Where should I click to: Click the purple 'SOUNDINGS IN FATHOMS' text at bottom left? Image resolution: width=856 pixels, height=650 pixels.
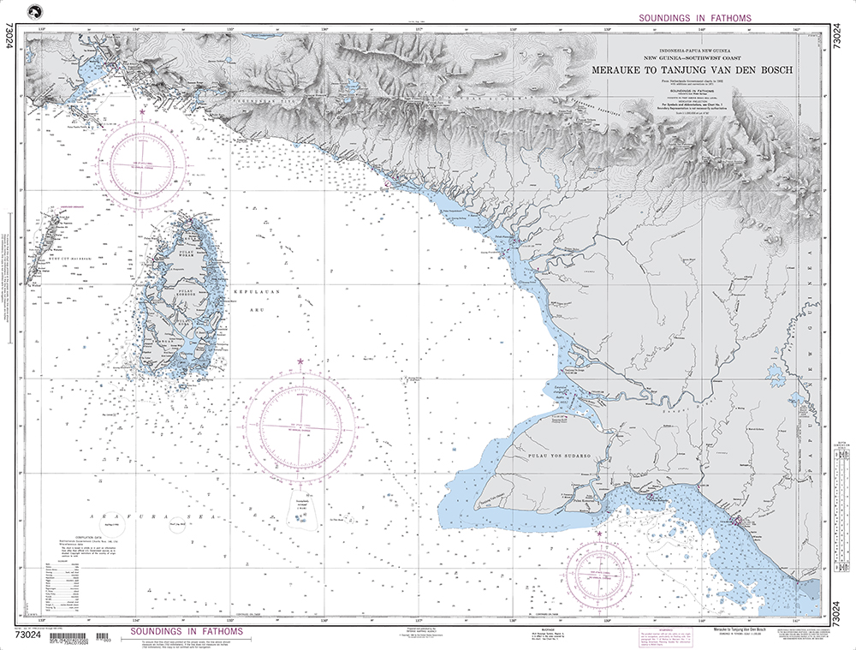(x=181, y=632)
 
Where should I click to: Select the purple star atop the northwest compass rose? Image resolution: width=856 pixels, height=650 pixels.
(x=142, y=112)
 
